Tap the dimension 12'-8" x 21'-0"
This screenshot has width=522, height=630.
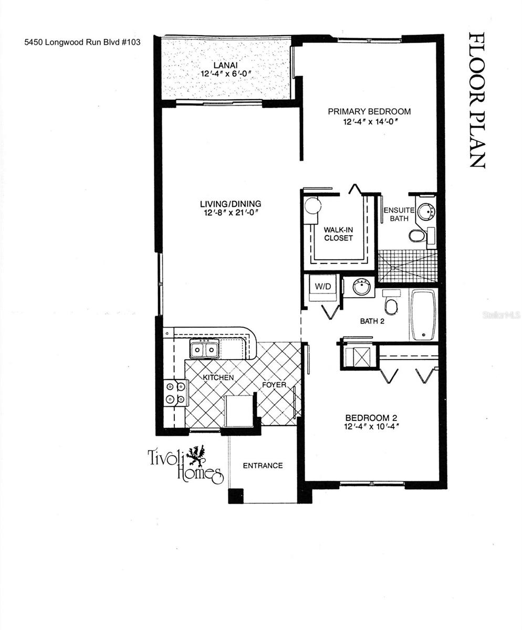click(230, 213)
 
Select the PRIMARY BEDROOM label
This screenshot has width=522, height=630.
click(369, 111)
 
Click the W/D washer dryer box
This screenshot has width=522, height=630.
click(322, 287)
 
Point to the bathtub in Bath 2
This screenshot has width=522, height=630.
click(423, 314)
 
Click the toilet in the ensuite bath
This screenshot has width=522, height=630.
click(417, 236)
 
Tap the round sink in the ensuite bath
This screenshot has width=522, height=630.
click(426, 211)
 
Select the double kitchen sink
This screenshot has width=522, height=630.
click(204, 349)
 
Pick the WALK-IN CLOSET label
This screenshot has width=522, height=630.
click(338, 234)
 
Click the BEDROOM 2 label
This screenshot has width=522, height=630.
click(371, 418)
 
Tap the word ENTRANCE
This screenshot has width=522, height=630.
click(263, 466)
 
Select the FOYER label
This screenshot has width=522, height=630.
click(274, 385)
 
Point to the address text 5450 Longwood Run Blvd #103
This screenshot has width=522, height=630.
click(82, 43)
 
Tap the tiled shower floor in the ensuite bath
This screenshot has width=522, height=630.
click(408, 266)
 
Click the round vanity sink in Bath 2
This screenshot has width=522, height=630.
click(361, 287)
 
